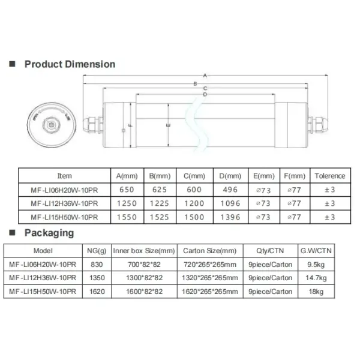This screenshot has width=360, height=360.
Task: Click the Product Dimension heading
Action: click(69, 64)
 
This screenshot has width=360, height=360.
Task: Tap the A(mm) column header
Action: click(126, 176)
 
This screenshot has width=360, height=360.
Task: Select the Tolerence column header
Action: click(329, 176)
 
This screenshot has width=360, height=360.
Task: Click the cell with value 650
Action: click(126, 189)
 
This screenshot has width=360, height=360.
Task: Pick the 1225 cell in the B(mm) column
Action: click(160, 203)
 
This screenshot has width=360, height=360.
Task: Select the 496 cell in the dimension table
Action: click(230, 189)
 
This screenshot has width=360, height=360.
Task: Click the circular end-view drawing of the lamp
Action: click(49, 125)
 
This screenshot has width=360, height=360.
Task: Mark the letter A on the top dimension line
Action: click(205, 75)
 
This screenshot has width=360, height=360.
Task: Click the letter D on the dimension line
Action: click(205, 94)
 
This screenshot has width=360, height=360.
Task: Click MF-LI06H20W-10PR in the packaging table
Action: click(43, 264)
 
